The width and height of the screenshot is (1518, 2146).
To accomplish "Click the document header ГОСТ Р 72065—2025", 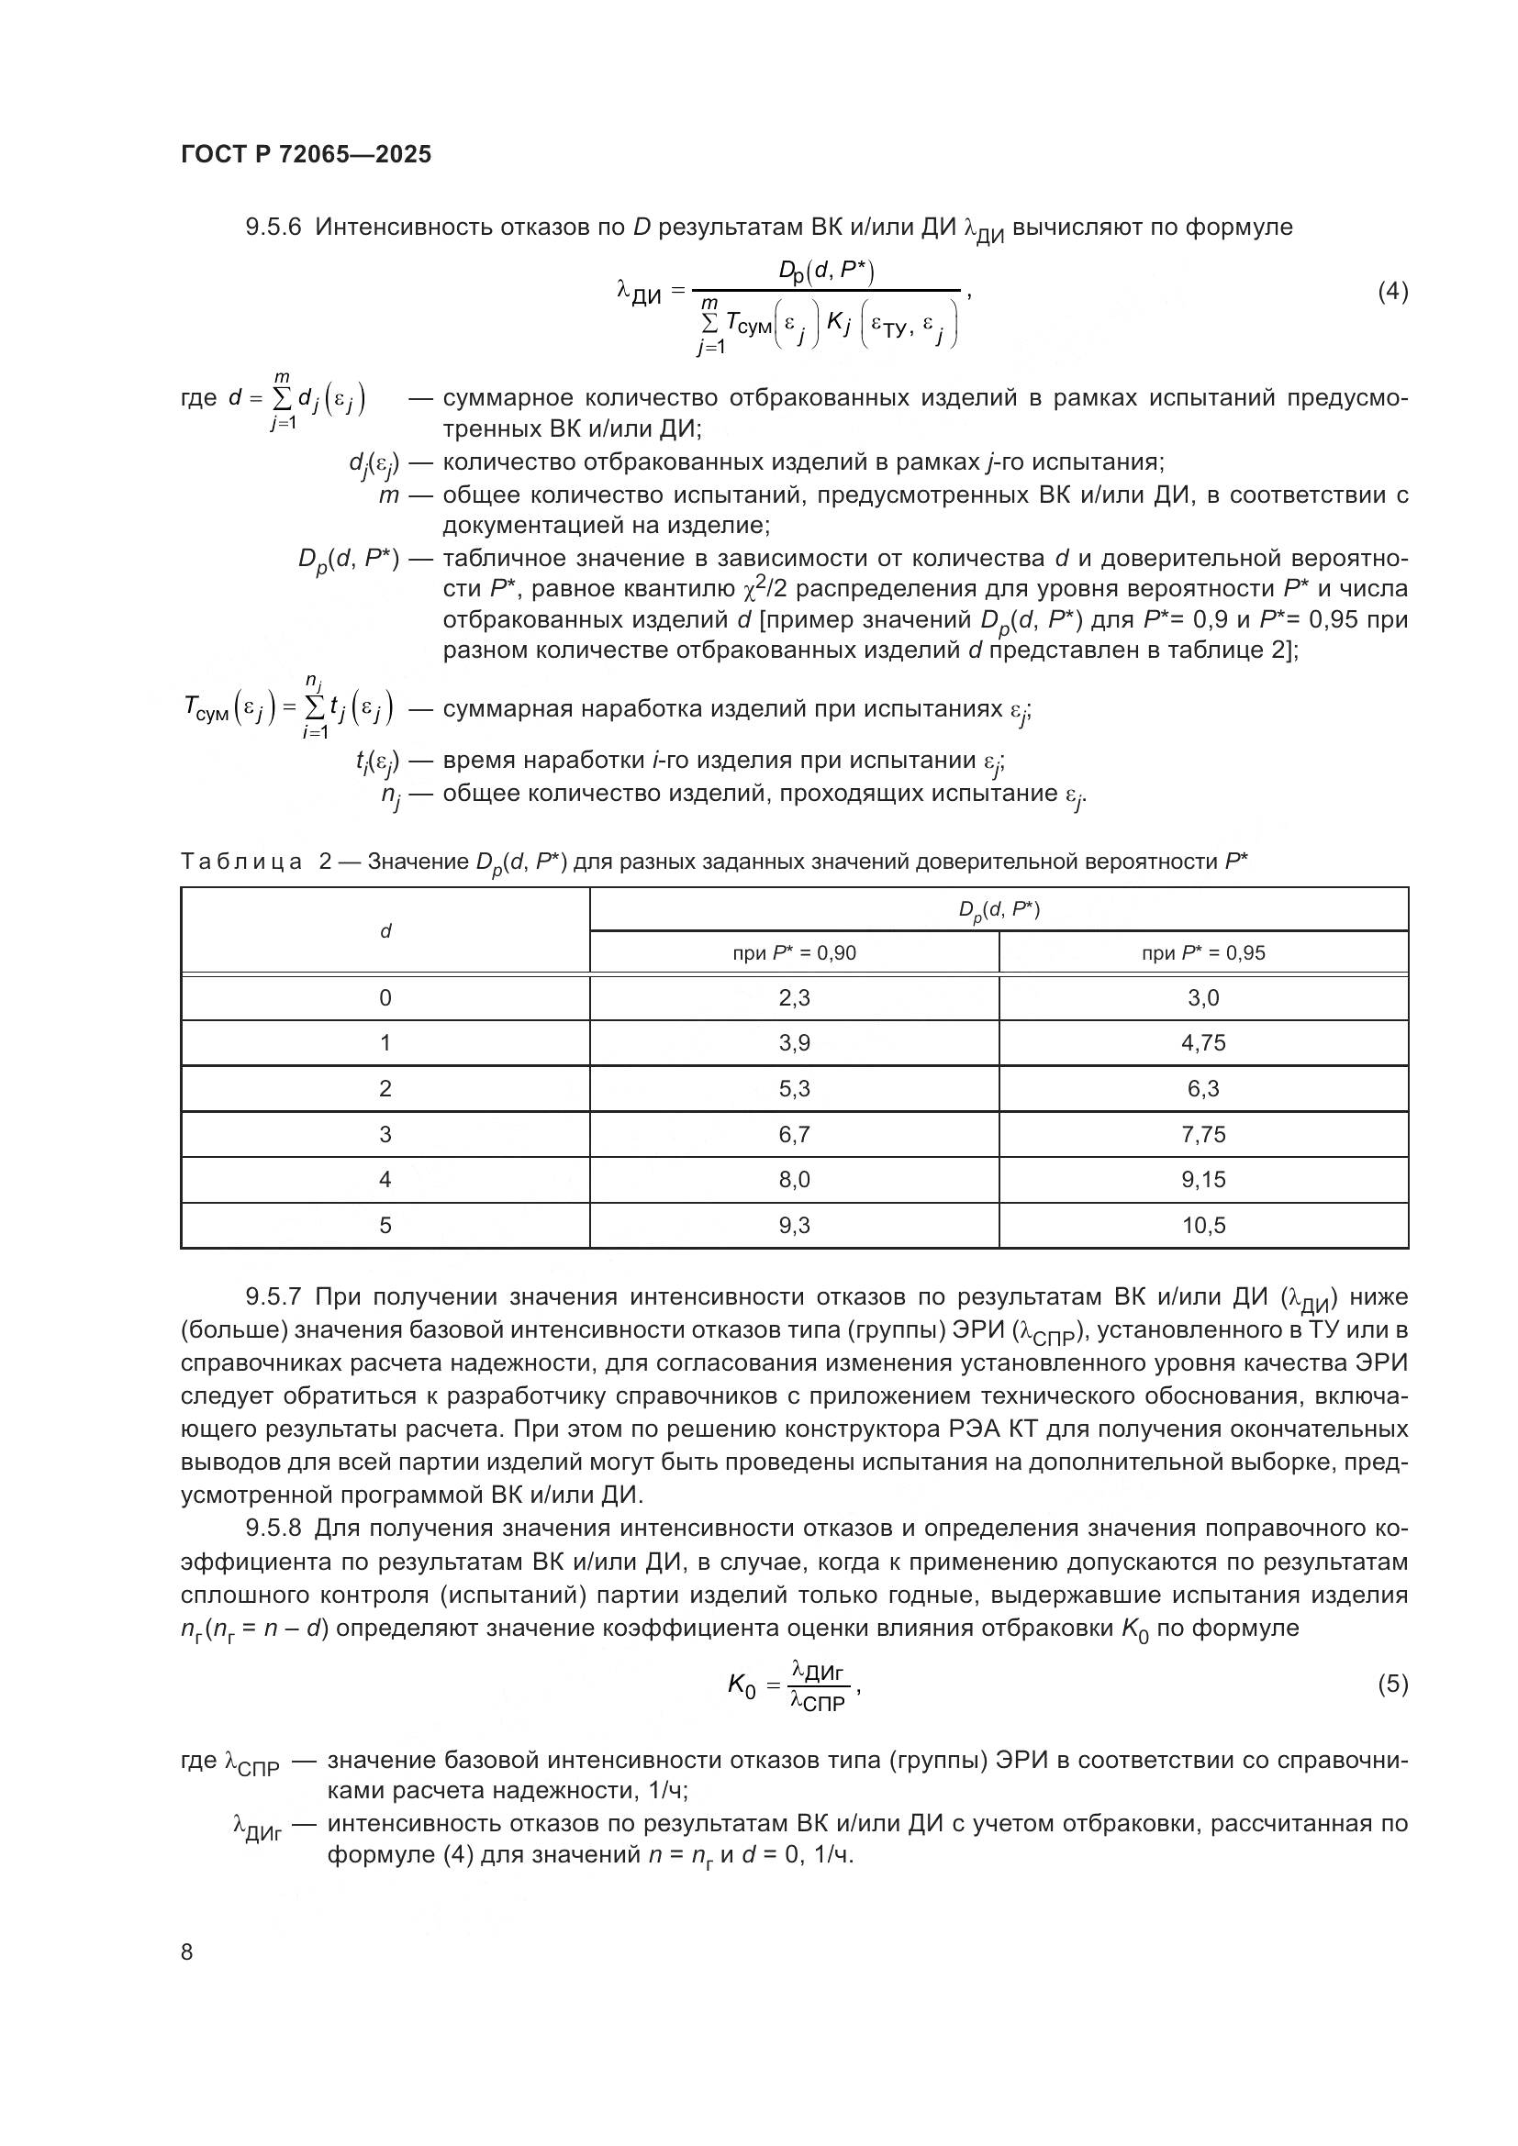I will pos(306,154).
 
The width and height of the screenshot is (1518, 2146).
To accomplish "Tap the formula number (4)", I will pos(1392,292).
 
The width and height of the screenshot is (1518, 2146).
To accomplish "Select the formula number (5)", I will pos(1392,1684).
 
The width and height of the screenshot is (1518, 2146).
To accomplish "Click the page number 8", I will pos(187,1951).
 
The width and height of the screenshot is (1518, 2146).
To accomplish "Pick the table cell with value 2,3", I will pos(794,997).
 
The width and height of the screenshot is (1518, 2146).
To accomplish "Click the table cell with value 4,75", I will pos(1203,1042).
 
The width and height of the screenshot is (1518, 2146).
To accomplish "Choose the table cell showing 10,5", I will pos(1203,1225).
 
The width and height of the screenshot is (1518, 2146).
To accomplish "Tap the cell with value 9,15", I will pos(1203,1179).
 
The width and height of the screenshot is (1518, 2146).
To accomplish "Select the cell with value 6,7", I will pos(794,1134).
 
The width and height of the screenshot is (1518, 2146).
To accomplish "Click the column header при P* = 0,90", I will pos(794,952).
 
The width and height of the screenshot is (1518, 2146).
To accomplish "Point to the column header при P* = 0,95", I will pos(1203,952).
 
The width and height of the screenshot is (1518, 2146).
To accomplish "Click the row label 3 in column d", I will pos(385,1134).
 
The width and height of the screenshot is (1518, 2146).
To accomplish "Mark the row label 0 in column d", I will pos(385,997).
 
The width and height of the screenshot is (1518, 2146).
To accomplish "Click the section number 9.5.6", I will pos(273,228).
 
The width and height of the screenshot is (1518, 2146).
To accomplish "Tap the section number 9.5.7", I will pos(273,1296).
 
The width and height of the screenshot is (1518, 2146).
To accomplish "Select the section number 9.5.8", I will pos(273,1529).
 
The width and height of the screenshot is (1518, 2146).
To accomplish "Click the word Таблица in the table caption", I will pos(240,861).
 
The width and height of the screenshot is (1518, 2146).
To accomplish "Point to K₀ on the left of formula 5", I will pos(742,1685).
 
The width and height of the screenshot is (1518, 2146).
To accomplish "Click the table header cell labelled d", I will pos(385,930).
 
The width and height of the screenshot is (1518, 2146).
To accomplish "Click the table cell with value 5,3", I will pos(794,1088).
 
